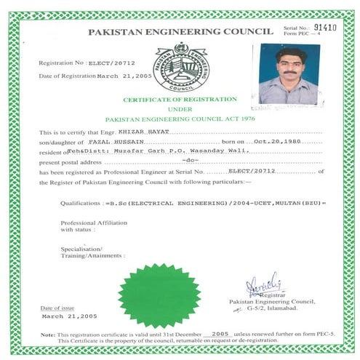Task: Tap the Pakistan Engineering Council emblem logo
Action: pyautogui.click(x=180, y=67)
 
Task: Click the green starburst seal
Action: pyautogui.click(x=159, y=295)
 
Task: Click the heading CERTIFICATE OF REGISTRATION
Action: pyautogui.click(x=180, y=99)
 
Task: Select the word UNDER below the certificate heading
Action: pyautogui.click(x=180, y=108)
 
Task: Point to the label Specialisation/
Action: pyautogui.click(x=79, y=249)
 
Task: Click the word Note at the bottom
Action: pyautogui.click(x=47, y=333)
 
